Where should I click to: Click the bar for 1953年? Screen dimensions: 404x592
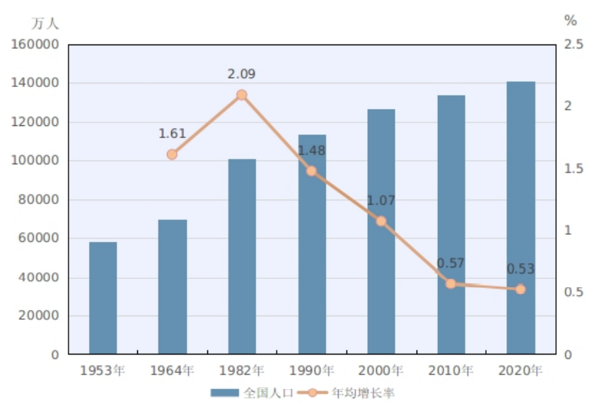(x=103, y=298)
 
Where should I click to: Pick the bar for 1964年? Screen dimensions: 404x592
(x=173, y=287)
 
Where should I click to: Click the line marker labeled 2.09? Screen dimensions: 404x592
(x=241, y=95)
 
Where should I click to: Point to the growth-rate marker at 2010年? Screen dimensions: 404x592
(x=451, y=284)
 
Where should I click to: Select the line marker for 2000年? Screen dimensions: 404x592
(x=381, y=221)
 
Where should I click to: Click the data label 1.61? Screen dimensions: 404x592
(x=172, y=134)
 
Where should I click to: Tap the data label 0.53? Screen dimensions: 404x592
(x=521, y=269)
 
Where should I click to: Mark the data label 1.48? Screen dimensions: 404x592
(x=311, y=151)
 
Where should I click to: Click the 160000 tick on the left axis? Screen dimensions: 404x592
(x=35, y=45)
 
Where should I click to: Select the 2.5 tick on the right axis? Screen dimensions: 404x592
(x=574, y=45)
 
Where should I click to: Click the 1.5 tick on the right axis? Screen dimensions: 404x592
(x=574, y=168)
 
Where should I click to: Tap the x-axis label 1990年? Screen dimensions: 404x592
(x=311, y=370)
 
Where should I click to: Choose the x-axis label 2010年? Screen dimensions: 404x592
(x=451, y=370)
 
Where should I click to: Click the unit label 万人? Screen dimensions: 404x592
(x=45, y=23)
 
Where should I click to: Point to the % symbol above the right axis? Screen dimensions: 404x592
(x=571, y=21)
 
